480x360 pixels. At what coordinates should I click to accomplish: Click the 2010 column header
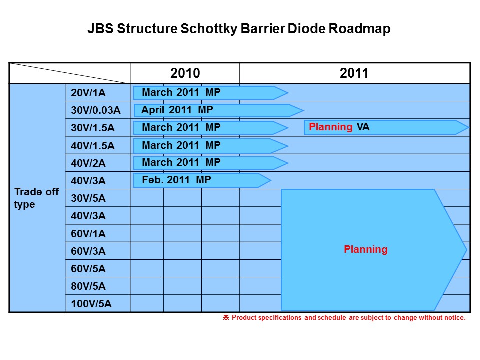(185, 73)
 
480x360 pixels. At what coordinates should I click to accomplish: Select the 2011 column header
(354, 73)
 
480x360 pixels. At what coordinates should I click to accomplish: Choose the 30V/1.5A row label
(93, 128)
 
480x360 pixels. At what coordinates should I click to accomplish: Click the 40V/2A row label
(89, 163)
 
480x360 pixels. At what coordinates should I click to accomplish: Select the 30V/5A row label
(89, 198)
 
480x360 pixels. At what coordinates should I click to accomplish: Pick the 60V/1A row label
(89, 233)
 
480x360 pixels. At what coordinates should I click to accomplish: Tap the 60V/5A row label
(89, 269)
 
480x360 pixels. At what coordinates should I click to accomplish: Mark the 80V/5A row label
(89, 286)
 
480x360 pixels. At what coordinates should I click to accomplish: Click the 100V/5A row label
(91, 304)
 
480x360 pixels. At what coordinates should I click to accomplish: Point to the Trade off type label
(36, 198)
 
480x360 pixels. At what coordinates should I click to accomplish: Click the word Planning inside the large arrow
(365, 249)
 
